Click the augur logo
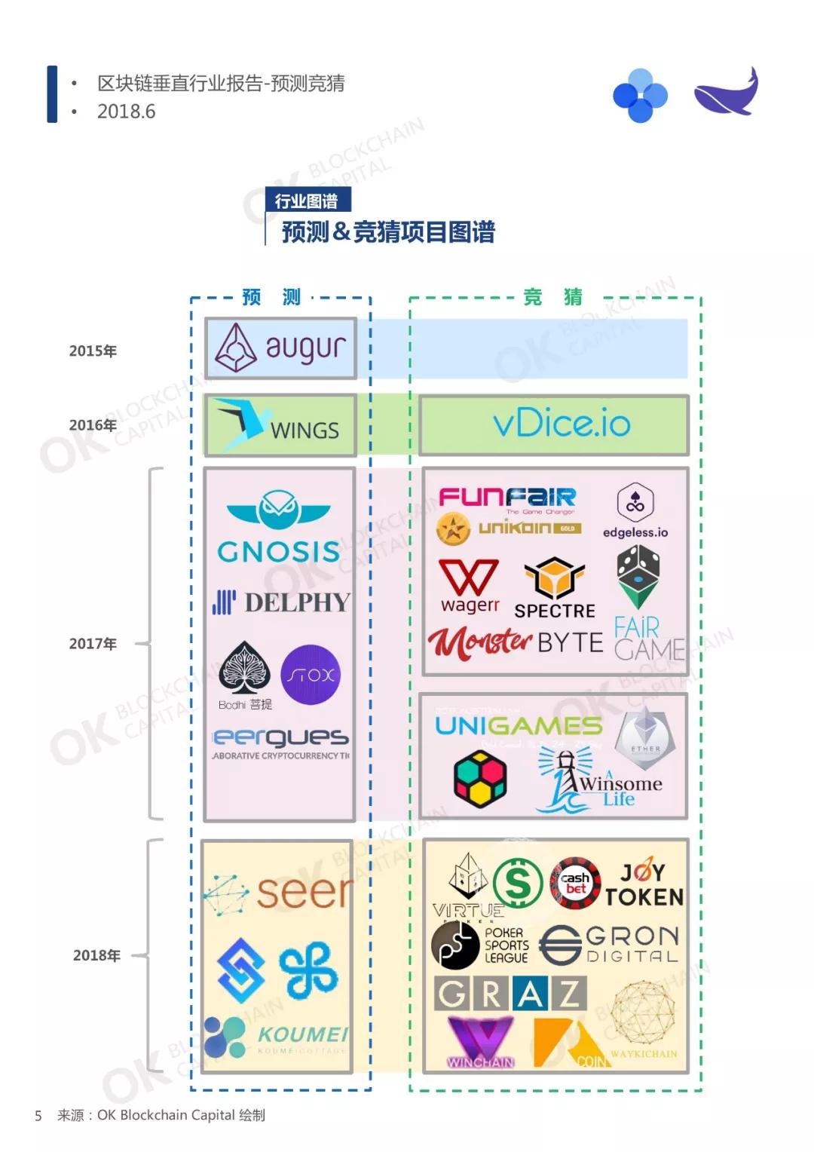[280, 348]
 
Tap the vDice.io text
[562, 424]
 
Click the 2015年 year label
[93, 351]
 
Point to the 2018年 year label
[96, 955]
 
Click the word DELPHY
[297, 602]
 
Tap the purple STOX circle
[311, 675]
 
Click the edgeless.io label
[635, 532]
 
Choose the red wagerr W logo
[469, 578]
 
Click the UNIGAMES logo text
[519, 726]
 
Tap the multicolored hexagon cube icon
[480, 778]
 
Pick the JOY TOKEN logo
[644, 884]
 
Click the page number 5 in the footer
[38, 1115]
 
